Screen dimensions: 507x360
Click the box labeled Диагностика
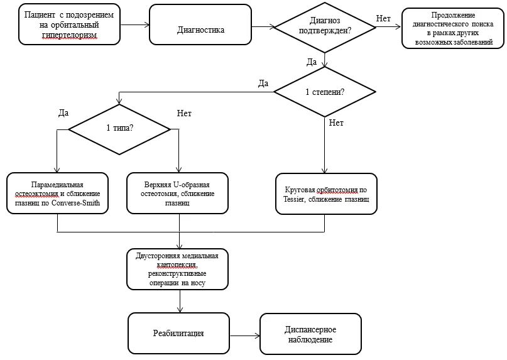(x=200, y=25)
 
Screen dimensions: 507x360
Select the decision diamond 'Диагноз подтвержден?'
(x=325, y=27)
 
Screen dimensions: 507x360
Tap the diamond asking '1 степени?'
(x=325, y=92)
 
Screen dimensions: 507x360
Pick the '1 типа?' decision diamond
(x=119, y=129)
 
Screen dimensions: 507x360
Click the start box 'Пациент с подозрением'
(x=69, y=25)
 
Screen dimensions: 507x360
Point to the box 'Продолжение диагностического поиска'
(x=453, y=28)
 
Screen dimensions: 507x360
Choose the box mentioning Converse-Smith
(x=57, y=193)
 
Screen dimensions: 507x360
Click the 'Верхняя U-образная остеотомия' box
(x=177, y=193)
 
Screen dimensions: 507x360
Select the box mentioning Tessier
(x=326, y=194)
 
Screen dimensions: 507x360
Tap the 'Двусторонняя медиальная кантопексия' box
(x=177, y=269)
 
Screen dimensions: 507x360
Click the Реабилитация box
(x=178, y=333)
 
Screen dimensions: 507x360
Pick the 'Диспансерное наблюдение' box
(x=310, y=334)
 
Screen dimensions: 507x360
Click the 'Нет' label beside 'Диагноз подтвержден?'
(x=383, y=19)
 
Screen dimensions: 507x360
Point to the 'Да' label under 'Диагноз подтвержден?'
(x=312, y=62)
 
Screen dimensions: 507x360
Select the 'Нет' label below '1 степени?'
(x=336, y=123)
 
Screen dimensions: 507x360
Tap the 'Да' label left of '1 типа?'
(x=63, y=113)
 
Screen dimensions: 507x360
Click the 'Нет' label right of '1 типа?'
(x=184, y=113)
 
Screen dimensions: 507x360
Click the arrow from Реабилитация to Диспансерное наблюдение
(x=244, y=335)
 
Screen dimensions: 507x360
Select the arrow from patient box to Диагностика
(x=134, y=25)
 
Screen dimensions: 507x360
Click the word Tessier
(x=293, y=199)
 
